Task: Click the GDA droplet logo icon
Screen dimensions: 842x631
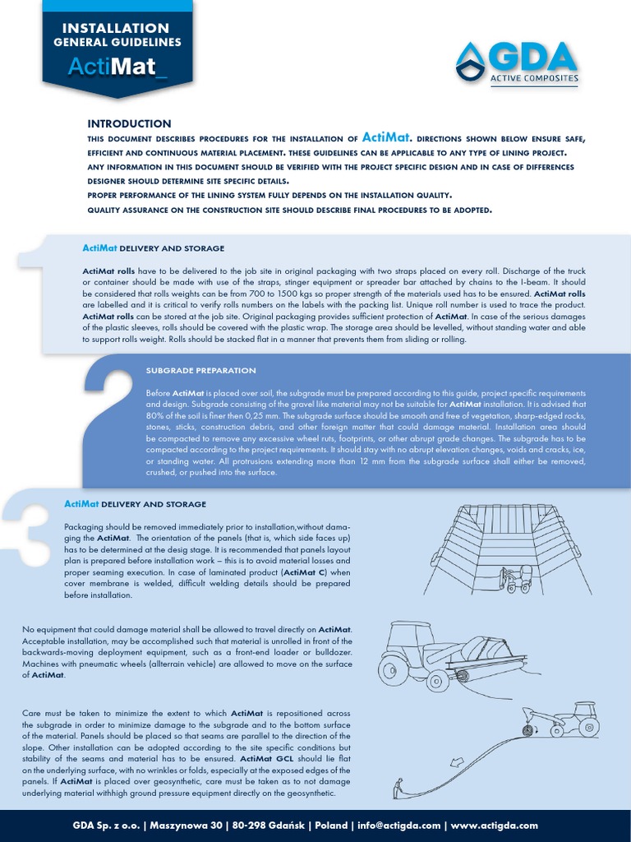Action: [472, 62]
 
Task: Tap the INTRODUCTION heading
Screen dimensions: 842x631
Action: [129, 123]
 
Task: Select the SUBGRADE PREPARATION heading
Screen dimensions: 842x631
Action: [201, 371]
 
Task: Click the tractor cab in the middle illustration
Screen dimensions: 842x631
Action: [413, 638]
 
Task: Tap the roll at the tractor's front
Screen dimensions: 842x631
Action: [463, 676]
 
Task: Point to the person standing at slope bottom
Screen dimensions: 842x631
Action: [398, 788]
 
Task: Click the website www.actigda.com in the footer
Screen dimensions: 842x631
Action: [495, 826]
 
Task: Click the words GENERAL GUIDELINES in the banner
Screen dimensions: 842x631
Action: [117, 42]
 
